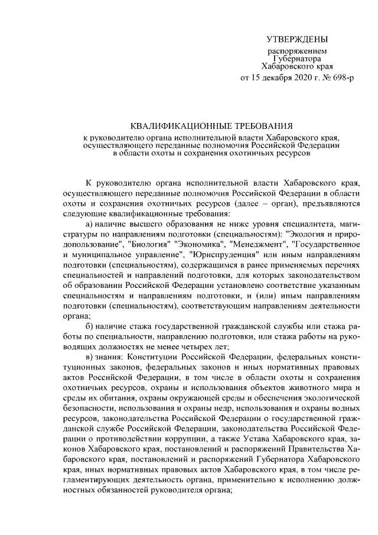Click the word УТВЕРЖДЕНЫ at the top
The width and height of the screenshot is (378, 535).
pyautogui.click(x=296, y=40)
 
